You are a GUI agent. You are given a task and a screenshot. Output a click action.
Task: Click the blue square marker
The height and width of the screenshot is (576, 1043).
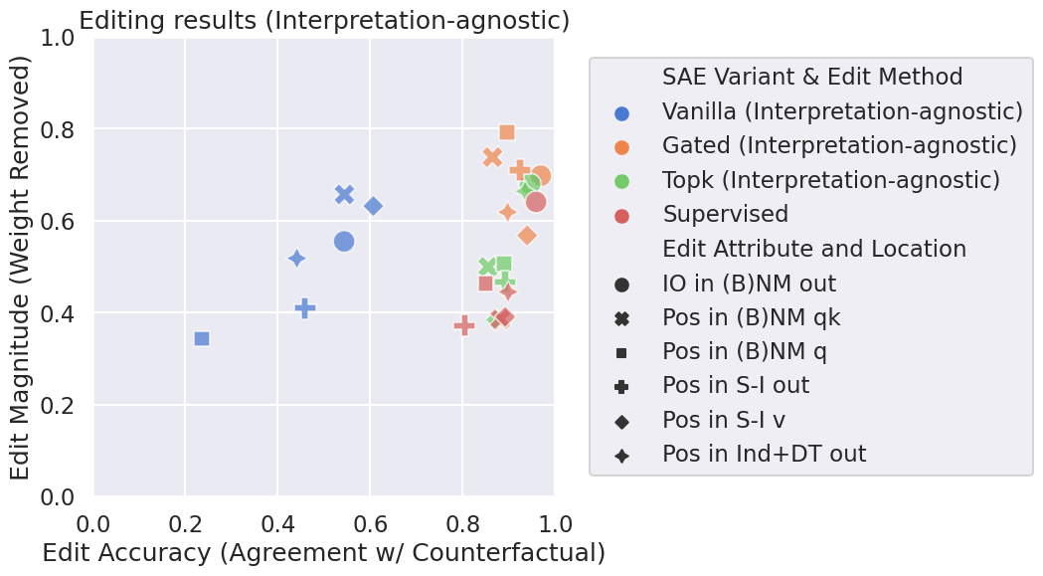pyautogui.click(x=202, y=338)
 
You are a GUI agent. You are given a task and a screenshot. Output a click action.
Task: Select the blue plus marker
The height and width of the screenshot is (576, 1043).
pyautogui.click(x=305, y=308)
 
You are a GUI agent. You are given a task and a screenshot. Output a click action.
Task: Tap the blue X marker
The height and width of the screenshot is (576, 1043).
pyautogui.click(x=344, y=194)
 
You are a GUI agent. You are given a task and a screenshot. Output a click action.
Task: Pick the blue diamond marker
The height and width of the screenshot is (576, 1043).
pyautogui.click(x=373, y=206)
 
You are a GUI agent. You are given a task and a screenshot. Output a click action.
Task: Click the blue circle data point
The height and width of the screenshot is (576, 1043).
pyautogui.click(x=344, y=241)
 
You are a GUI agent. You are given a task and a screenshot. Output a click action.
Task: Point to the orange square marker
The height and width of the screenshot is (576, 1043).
pyautogui.click(x=507, y=132)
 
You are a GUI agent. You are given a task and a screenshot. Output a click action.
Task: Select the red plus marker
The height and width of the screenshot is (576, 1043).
pyautogui.click(x=464, y=325)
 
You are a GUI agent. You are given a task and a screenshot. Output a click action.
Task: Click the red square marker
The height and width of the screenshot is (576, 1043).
pyautogui.click(x=485, y=284)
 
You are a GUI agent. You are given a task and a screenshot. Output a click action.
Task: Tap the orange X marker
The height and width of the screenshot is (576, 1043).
pyautogui.click(x=492, y=157)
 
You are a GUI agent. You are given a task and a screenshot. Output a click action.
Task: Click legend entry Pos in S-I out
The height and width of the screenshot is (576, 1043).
pyautogui.click(x=736, y=385)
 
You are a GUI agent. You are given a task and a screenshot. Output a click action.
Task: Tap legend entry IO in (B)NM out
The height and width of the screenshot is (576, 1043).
pyautogui.click(x=749, y=283)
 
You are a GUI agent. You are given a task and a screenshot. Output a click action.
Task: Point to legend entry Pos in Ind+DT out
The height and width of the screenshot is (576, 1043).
pyautogui.click(x=764, y=455)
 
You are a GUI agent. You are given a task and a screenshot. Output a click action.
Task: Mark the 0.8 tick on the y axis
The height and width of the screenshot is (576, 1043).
pyautogui.click(x=65, y=129)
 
